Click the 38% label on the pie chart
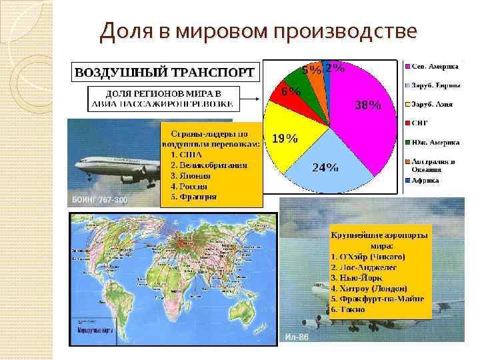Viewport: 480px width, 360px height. [x=367, y=105]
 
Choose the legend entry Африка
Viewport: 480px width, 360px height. [x=425, y=180]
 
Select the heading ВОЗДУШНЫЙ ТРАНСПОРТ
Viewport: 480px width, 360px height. [x=163, y=71]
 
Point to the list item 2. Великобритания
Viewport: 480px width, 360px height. [x=209, y=165]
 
